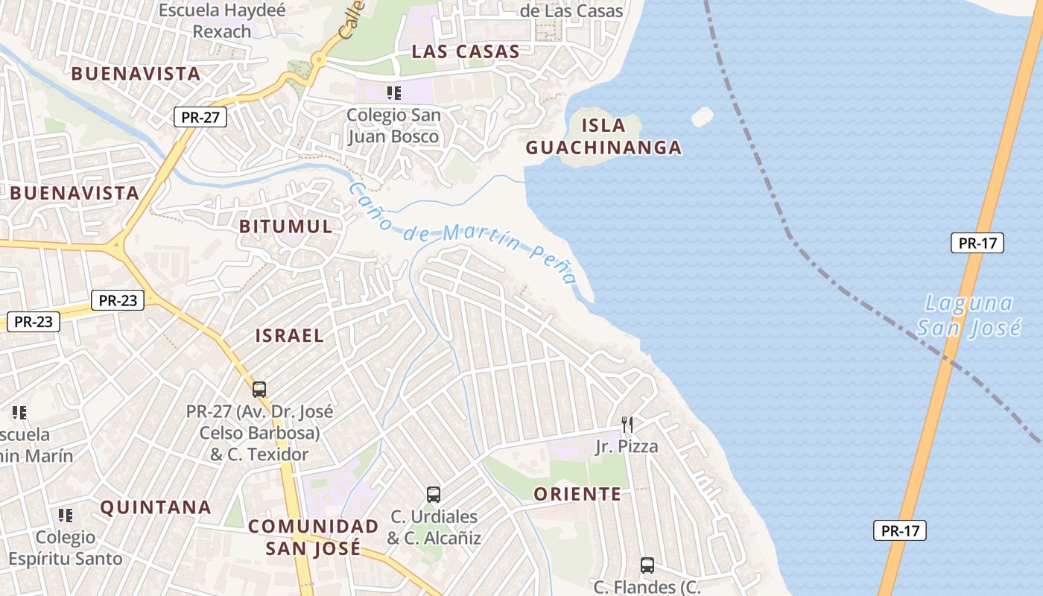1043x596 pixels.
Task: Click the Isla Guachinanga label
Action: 603,136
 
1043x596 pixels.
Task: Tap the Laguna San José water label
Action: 968,315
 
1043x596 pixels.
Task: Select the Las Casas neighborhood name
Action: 465,51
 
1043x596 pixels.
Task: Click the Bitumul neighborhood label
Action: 286,226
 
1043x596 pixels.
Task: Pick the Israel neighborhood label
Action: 290,335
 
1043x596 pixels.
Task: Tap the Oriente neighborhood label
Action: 577,494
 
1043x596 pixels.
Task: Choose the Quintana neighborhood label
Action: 156,507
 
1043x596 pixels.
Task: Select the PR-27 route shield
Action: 200,117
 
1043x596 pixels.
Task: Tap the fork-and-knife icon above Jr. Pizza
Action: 627,425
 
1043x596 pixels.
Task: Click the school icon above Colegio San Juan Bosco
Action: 393,93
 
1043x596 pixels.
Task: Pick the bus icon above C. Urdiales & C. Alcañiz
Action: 434,494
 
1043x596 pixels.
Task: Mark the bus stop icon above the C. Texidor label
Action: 259,389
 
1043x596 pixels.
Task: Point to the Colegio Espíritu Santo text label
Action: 67,548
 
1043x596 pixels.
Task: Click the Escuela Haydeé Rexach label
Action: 222,21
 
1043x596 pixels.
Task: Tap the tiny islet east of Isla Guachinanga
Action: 702,117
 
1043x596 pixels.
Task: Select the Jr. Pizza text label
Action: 627,446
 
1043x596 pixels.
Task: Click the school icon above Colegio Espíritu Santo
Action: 66,515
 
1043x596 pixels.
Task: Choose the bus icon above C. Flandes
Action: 647,565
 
